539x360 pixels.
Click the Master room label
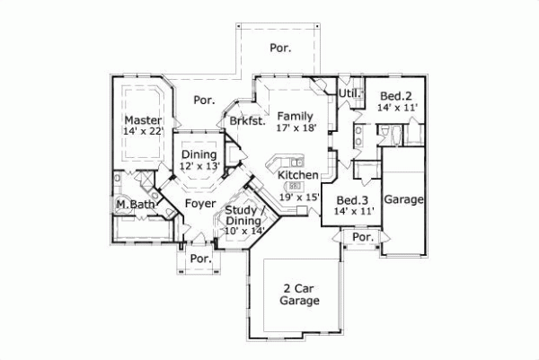[x=143, y=120]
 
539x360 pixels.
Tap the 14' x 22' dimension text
[x=143, y=132]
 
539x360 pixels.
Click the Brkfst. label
[x=246, y=121]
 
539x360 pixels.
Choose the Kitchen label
[x=297, y=174]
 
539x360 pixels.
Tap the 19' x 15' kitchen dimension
[x=298, y=196]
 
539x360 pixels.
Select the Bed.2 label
[x=395, y=95]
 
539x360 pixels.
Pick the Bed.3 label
[x=352, y=200]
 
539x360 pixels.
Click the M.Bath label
[x=132, y=205]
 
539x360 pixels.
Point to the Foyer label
[x=199, y=204]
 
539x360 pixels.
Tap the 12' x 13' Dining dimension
[x=199, y=166]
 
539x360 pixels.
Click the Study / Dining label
[x=244, y=215]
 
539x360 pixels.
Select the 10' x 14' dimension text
[x=244, y=231]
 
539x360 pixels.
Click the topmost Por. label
[x=281, y=48]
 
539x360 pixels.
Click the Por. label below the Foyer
[x=201, y=259]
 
